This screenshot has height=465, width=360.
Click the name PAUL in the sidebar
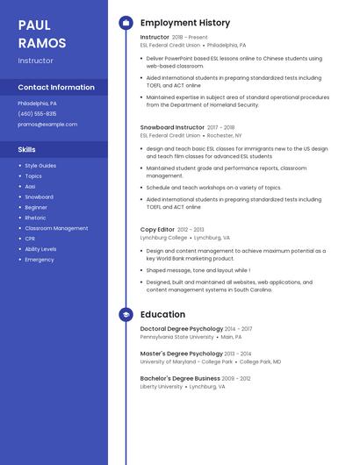pyautogui.click(x=34, y=25)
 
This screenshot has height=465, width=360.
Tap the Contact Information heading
pyautogui.click(x=56, y=87)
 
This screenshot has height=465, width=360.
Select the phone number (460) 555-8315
pyautogui.click(x=37, y=114)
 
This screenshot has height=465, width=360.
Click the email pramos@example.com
pyautogui.click(x=47, y=125)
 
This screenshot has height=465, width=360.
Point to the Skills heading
pyautogui.click(x=26, y=149)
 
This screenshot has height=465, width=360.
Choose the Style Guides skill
pyautogui.click(x=40, y=166)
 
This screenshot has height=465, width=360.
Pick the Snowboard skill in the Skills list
pyautogui.click(x=39, y=197)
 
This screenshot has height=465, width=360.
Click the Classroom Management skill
pyautogui.click(x=56, y=228)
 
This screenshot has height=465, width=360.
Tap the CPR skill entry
pyautogui.click(x=30, y=239)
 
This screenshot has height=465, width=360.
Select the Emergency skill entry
pyautogui.click(x=40, y=260)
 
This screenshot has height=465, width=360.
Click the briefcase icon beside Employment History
pyautogui.click(x=126, y=23)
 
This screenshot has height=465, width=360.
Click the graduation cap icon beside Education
pyautogui.click(x=126, y=314)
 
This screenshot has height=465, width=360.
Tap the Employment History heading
pyautogui.click(x=185, y=23)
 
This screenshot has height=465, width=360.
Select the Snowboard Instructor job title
pyautogui.click(x=172, y=127)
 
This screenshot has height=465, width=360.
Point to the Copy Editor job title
pyautogui.click(x=157, y=229)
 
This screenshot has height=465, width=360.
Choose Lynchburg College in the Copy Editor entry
pyautogui.click(x=163, y=238)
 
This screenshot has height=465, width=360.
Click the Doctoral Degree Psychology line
pyautogui.click(x=182, y=329)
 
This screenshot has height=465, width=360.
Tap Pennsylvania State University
pyautogui.click(x=176, y=337)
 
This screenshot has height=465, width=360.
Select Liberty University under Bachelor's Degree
pyautogui.click(x=162, y=386)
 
